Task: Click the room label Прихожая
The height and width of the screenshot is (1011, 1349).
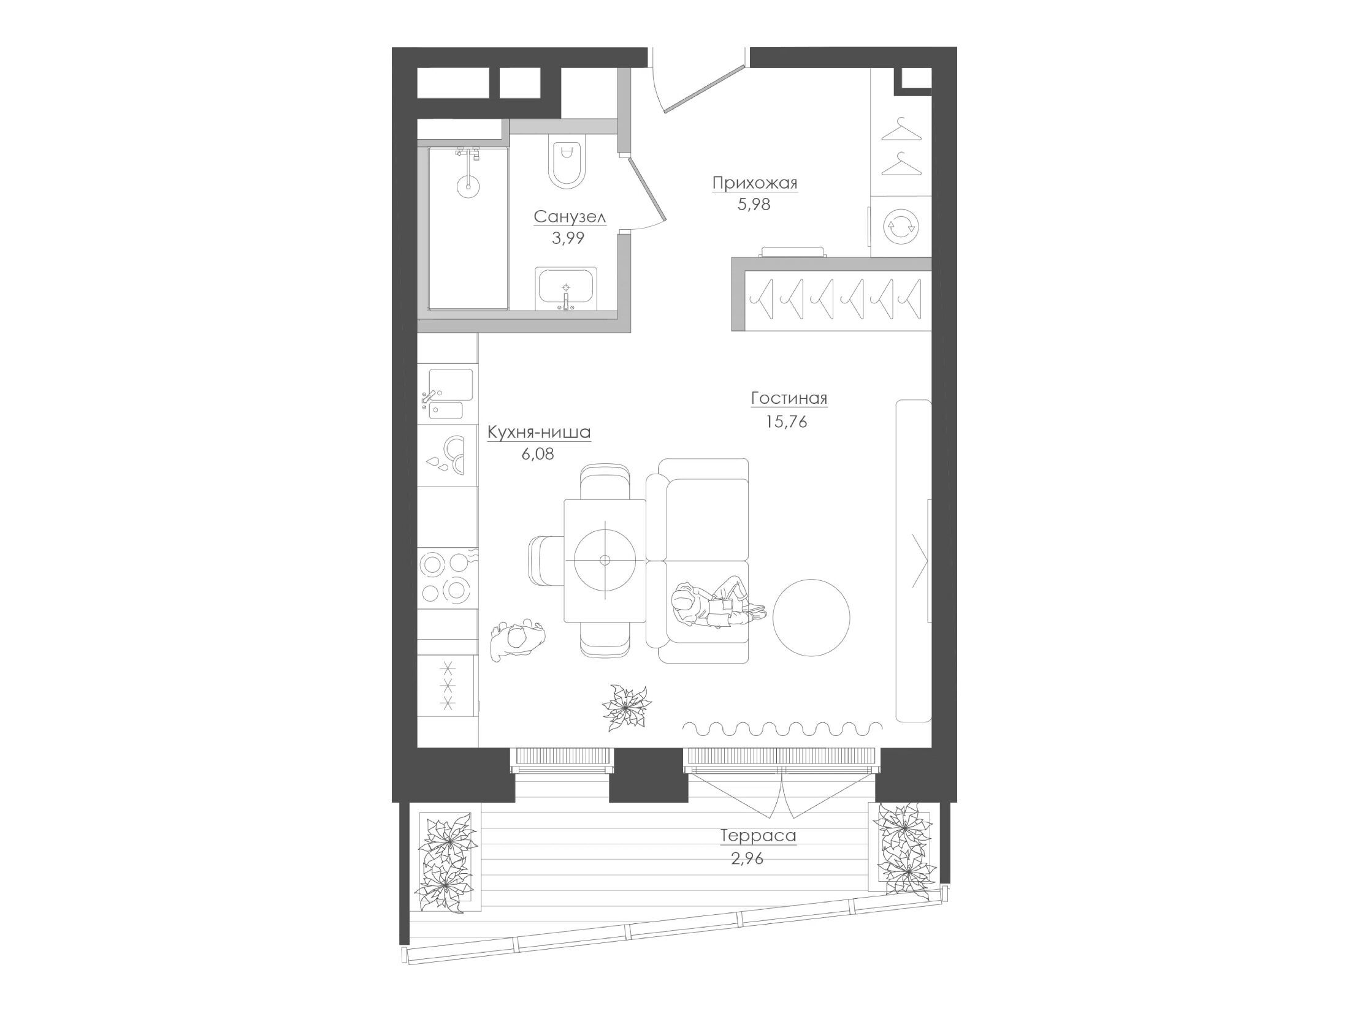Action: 755,183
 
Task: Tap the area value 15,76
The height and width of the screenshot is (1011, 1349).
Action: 786,422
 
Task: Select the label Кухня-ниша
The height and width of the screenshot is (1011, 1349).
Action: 539,433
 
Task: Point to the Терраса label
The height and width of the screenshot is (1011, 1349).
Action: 758,836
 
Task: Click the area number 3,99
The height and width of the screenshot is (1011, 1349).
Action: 568,238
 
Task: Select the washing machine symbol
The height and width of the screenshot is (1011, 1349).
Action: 900,226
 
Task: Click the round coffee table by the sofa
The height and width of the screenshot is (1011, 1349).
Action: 811,618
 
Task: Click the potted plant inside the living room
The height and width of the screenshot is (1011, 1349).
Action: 626,708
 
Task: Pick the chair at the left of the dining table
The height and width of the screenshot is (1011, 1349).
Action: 546,559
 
